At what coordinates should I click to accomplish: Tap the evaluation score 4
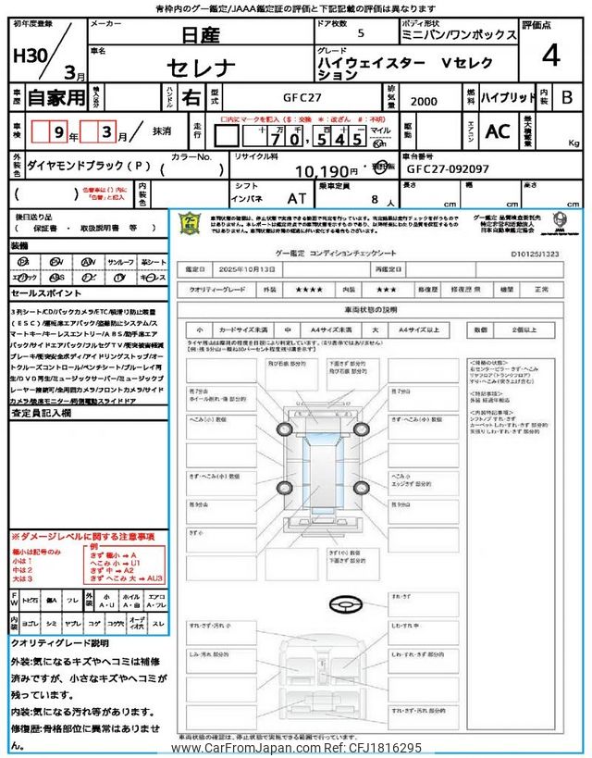pyautogui.click(x=550, y=56)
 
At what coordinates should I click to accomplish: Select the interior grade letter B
pyautogui.click(x=567, y=96)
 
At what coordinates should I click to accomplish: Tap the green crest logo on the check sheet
pyautogui.click(x=189, y=224)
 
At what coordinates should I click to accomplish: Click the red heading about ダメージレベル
pyautogui.click(x=83, y=537)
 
